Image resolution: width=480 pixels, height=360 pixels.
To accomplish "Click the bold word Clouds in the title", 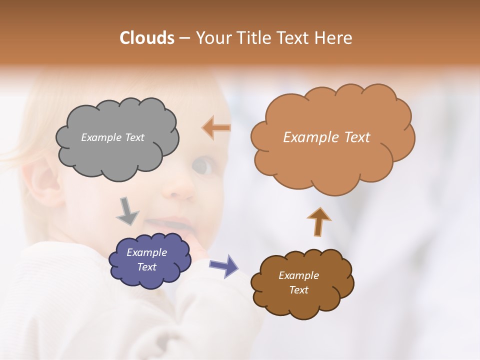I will click(x=147, y=38).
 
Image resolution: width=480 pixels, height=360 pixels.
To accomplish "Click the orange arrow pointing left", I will click(x=216, y=127).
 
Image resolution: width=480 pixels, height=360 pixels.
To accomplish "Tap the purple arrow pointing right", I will click(x=224, y=265).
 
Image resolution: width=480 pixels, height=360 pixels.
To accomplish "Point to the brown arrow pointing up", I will click(x=319, y=221).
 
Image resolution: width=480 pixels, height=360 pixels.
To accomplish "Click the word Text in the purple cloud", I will click(x=147, y=267).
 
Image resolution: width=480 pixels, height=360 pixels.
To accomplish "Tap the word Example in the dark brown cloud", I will click(x=298, y=275).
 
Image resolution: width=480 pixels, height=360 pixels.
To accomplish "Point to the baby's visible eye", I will click(x=202, y=165).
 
